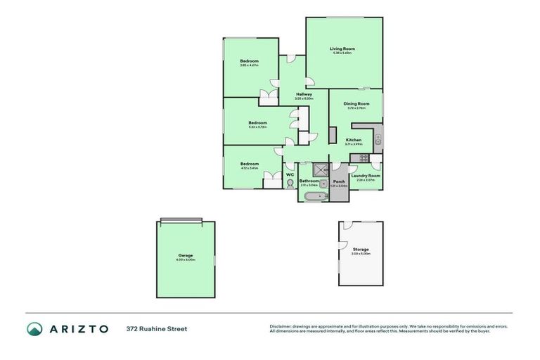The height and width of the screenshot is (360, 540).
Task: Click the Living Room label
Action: point(342,49)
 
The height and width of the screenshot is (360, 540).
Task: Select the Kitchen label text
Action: point(354,140)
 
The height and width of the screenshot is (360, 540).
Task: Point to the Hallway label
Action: point(304,94)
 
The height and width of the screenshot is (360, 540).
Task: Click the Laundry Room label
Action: point(366,175)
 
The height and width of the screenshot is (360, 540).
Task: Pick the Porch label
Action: point(339,181)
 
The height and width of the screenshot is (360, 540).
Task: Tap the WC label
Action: point(290,174)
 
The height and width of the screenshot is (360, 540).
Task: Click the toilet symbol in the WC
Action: point(290,184)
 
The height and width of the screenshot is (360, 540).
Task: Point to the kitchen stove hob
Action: point(364,158)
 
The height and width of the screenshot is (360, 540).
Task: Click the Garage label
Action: point(186,255)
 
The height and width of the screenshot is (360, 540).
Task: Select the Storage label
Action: point(361,250)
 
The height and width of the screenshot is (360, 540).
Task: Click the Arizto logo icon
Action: point(34,328)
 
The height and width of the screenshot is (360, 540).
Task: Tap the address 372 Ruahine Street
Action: point(157,328)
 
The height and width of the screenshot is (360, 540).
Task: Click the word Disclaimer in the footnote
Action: point(281,326)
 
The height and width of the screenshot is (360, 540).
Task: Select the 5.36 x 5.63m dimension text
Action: point(342,53)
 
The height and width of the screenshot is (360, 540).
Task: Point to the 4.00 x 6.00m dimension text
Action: point(186,260)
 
